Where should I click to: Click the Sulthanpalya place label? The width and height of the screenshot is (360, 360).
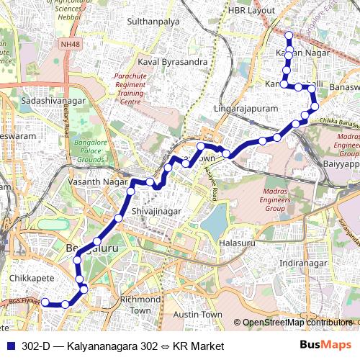(x=153, y=23)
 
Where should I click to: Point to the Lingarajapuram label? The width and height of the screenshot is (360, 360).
(x=246, y=109)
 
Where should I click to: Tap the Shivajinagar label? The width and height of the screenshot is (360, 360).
(x=156, y=212)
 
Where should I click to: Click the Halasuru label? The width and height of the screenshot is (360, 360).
(x=237, y=243)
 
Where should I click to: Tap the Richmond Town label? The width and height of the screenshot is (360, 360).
(x=135, y=305)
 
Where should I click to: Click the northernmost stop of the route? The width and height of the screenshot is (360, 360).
(x=289, y=35)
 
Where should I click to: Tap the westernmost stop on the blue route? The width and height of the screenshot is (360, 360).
(x=45, y=302)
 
